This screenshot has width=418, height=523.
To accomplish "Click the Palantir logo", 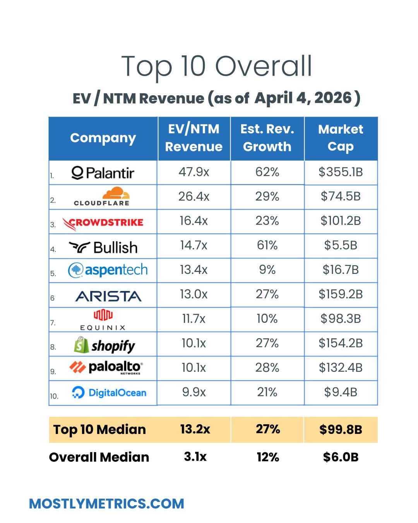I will point(103,172).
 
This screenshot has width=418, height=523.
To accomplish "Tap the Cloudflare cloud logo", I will point(116,194).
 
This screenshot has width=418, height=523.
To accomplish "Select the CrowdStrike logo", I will point(103,223).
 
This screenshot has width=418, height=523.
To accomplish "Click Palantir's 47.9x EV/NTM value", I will point(194,172).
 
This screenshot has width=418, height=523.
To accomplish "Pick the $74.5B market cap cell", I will point(341,196).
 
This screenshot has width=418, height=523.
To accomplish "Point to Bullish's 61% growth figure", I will point(267,245).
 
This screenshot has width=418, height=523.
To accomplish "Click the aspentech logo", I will point(108,270).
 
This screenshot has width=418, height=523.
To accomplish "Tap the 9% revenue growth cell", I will point(267,270).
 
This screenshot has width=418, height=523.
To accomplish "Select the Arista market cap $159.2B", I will point(341,294).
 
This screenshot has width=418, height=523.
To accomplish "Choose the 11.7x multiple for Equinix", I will point(194,319).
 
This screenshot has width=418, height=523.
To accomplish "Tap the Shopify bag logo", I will point(82,345).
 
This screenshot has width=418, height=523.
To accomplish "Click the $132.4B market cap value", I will point(341,368).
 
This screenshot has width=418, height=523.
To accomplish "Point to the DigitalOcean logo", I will point(109,392).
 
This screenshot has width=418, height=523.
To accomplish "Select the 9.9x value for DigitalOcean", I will point(194,392).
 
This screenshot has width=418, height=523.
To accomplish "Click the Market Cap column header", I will point(341,138).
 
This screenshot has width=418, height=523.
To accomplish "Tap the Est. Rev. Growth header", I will point(267,138).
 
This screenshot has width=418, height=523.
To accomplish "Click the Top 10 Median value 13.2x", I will point(195,429).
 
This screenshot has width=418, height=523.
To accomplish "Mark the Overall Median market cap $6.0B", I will point(341,457).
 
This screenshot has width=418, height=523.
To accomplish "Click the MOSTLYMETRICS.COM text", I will point(106,504).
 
